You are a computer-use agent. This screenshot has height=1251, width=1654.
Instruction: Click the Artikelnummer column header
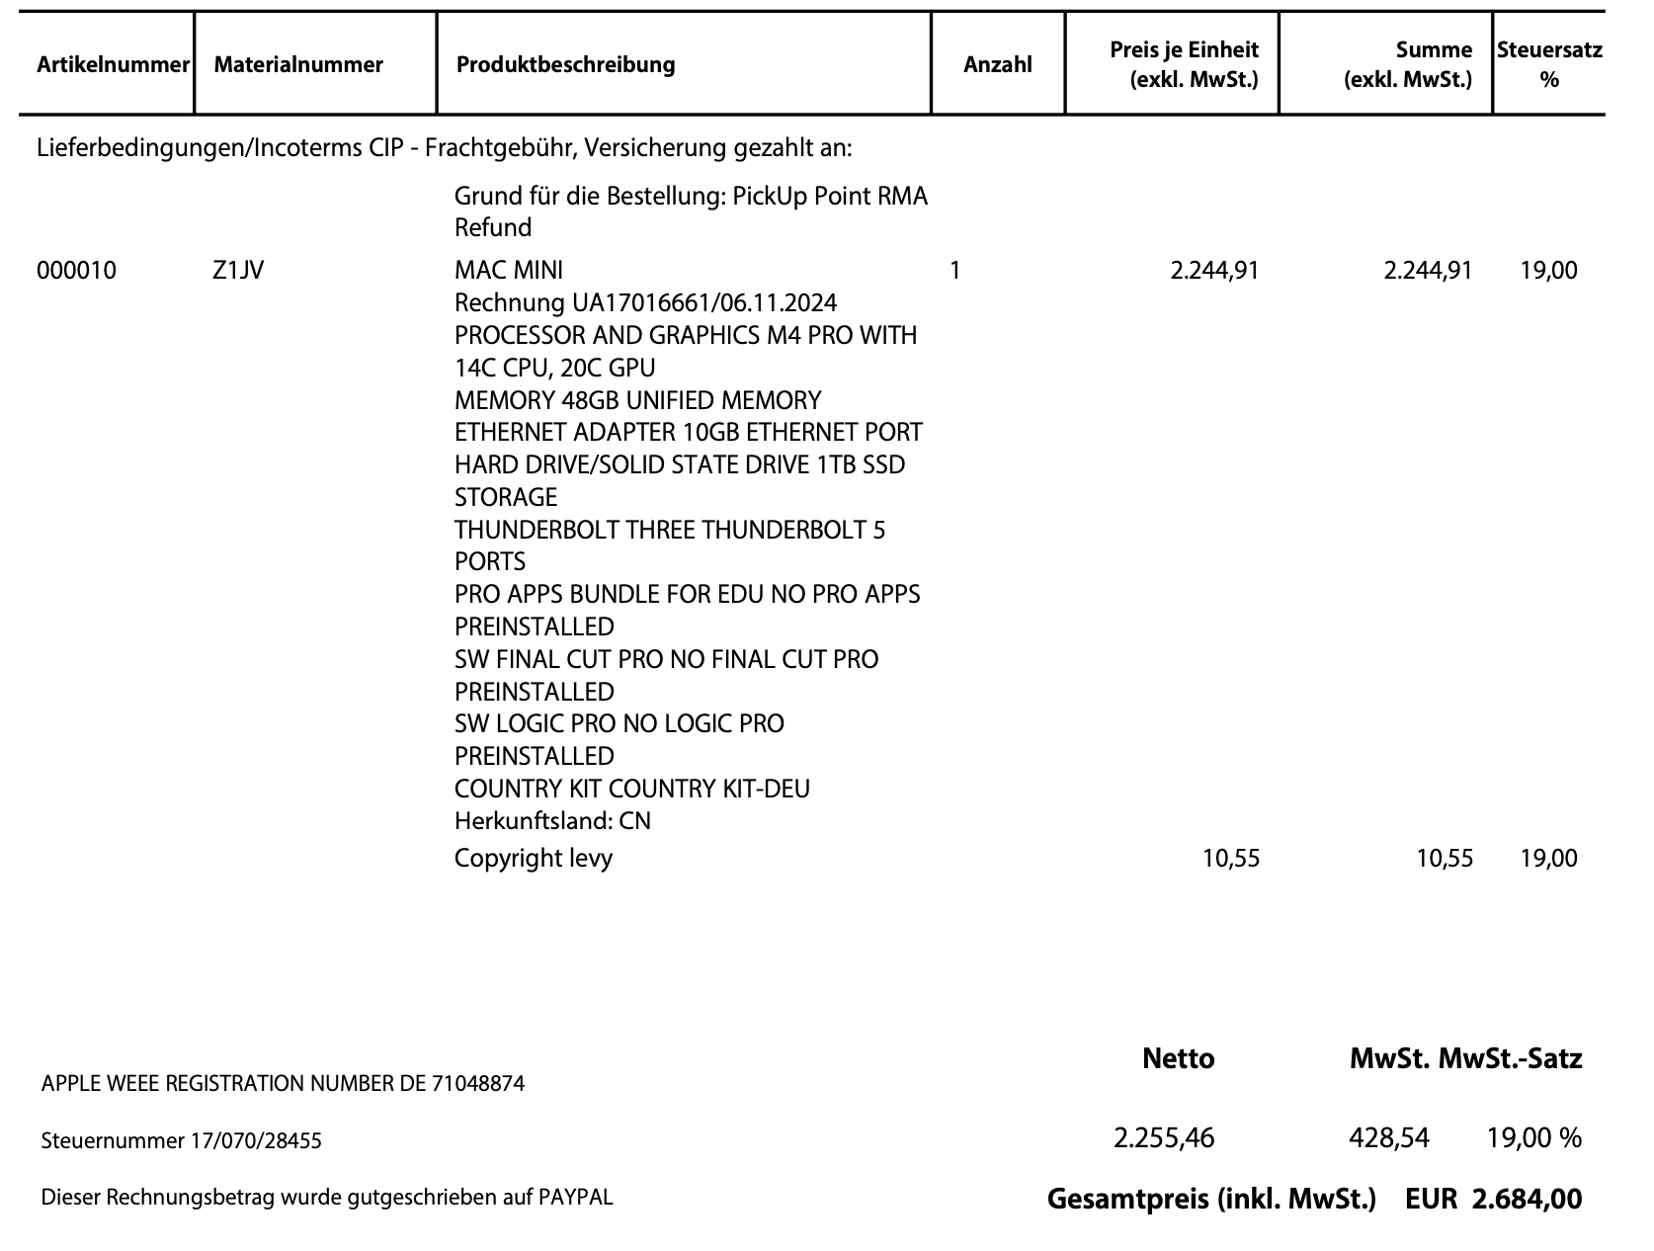(x=112, y=65)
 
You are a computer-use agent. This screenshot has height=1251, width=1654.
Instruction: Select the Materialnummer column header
(x=298, y=65)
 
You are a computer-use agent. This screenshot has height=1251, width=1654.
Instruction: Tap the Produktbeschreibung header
(x=566, y=65)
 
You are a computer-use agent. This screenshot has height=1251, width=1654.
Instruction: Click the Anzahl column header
(x=997, y=65)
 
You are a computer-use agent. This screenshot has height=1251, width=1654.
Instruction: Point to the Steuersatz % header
(x=1548, y=65)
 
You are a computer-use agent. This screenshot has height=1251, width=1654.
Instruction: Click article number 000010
(x=76, y=270)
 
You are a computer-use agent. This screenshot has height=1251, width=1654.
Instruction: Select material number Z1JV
(x=238, y=270)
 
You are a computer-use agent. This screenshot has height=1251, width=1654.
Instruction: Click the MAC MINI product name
(x=509, y=270)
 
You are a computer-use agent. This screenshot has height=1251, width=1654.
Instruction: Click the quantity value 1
(x=954, y=270)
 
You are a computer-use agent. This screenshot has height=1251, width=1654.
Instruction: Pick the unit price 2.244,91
(x=1214, y=270)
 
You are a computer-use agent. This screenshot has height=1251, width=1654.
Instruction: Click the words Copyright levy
(x=534, y=858)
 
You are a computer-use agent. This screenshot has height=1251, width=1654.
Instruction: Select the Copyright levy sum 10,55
(x=1445, y=858)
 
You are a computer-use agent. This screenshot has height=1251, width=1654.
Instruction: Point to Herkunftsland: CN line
(x=552, y=821)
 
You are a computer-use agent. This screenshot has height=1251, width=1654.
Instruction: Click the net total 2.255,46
(x=1164, y=1138)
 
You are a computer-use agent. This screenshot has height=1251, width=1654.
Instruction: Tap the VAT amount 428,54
(x=1389, y=1138)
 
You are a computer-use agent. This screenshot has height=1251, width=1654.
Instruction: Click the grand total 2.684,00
(x=1527, y=1200)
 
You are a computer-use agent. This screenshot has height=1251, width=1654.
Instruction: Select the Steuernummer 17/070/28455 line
(x=182, y=1141)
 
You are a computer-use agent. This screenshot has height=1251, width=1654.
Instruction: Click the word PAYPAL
(x=575, y=1198)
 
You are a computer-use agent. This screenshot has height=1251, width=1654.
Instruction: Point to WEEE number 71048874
(x=478, y=1084)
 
